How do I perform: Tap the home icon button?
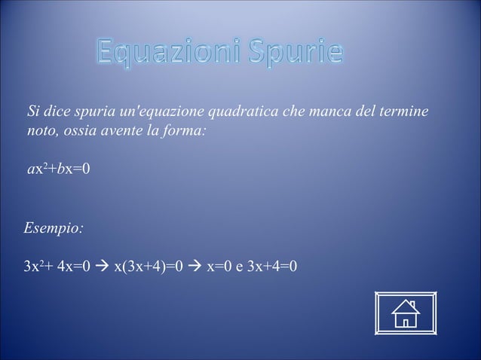(x=406, y=313)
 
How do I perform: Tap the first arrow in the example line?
(x=101, y=266)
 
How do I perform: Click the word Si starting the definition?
(x=34, y=113)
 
